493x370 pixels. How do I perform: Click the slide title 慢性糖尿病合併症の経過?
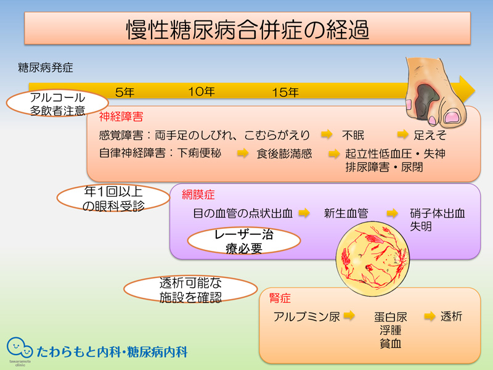(248, 30)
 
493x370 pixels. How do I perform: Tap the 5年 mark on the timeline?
(125, 92)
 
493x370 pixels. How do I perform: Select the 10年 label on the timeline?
(202, 92)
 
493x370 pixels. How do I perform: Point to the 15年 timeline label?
(285, 92)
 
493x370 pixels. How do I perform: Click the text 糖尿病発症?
(46, 68)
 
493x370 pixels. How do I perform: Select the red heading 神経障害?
(121, 117)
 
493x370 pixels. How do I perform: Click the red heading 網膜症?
(198, 195)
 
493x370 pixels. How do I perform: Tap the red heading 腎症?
(280, 298)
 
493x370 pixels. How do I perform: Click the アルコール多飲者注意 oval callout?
(57, 104)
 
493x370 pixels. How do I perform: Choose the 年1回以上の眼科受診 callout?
(113, 198)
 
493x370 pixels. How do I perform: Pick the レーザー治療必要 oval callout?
(244, 241)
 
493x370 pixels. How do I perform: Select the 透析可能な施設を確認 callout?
(190, 290)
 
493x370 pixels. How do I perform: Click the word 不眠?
(353, 135)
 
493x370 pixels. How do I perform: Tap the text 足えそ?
(430, 135)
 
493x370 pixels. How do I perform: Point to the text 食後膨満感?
(284, 154)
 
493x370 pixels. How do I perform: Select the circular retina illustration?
(373, 258)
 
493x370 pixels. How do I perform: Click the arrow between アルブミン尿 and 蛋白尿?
(349, 315)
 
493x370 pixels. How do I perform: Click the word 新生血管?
(346, 213)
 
